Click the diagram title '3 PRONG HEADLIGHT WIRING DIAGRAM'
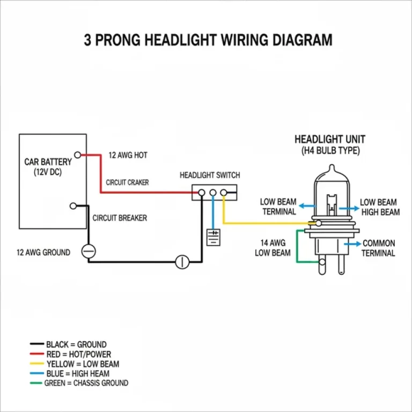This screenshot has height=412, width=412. [x=208, y=40]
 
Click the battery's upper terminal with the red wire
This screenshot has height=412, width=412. [x=78, y=154]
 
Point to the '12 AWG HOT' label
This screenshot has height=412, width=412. [x=128, y=155]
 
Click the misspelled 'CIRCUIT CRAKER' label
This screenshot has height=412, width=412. [x=127, y=182]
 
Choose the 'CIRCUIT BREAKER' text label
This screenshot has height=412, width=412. [x=120, y=218]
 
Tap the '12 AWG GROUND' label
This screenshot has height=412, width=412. [x=43, y=252]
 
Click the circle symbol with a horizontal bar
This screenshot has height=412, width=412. [x=88, y=251]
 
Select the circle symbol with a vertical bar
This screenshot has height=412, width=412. [x=183, y=262]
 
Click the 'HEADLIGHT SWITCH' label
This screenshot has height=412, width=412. [x=210, y=175]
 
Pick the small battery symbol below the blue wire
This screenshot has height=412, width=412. [x=214, y=237]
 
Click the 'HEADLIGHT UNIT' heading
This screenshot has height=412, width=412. [x=329, y=139]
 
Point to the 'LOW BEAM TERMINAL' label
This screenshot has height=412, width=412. [x=278, y=207]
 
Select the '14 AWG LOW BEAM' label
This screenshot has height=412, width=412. [x=273, y=248]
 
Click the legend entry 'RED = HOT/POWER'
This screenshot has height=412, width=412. [x=78, y=354]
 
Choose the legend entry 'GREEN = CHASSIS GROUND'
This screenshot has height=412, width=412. [x=86, y=383]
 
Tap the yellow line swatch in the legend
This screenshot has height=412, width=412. [x=37, y=364]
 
